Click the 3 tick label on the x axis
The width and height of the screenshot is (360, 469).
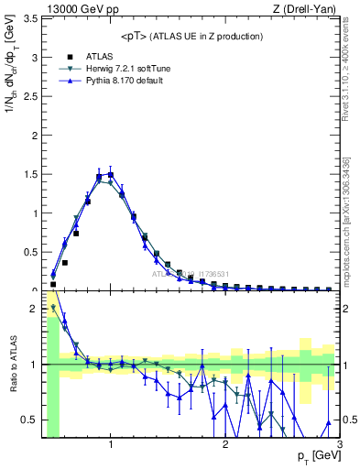[x=339, y=446]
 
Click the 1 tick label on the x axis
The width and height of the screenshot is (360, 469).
[x=111, y=446]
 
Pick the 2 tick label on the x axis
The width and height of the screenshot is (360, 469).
[x=225, y=446]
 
